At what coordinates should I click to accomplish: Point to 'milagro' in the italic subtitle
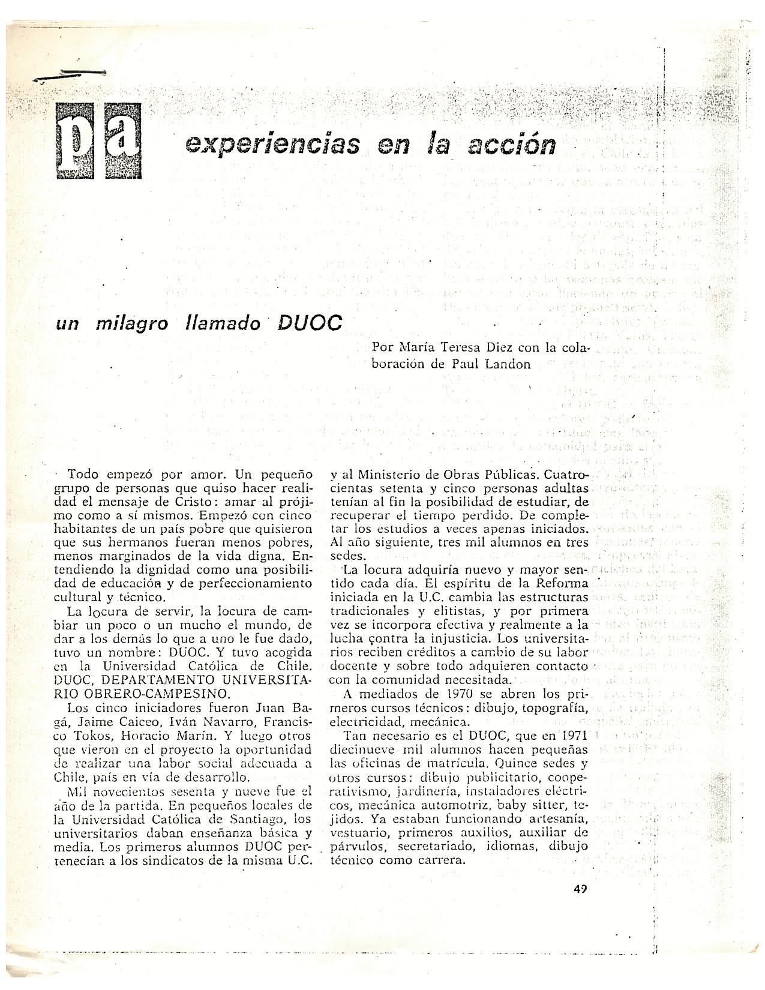[x=134, y=324]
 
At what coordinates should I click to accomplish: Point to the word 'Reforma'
[x=563, y=583]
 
